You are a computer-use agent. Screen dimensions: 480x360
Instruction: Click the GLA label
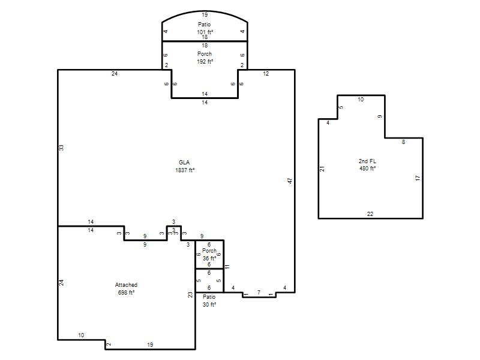click(184, 162)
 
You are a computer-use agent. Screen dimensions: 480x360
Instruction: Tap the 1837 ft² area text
click(185, 170)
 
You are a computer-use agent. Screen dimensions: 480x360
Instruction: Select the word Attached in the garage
click(126, 284)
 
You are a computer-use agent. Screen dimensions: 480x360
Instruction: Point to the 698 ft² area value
click(126, 293)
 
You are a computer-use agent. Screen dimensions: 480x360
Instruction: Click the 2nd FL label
click(367, 161)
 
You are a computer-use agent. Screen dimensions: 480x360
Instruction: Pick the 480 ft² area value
click(367, 169)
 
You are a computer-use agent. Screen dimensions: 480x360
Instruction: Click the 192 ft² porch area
click(205, 62)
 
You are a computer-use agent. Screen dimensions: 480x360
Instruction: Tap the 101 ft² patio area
click(205, 32)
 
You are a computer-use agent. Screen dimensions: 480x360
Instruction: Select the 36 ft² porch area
click(209, 259)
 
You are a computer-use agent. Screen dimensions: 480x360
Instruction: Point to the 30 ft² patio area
click(209, 305)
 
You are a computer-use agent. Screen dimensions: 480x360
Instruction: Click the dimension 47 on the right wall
click(290, 181)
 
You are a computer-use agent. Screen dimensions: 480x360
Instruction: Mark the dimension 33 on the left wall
click(62, 148)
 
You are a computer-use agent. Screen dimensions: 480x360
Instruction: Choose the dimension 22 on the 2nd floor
click(370, 214)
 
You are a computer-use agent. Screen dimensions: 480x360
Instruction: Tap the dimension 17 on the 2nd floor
click(418, 178)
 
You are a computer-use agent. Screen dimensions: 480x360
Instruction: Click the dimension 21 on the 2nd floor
click(322, 169)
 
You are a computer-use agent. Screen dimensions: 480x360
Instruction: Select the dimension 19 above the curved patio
click(205, 14)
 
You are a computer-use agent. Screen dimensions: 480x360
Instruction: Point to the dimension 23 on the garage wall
click(190, 295)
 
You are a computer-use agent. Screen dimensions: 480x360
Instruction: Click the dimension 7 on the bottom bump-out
click(259, 292)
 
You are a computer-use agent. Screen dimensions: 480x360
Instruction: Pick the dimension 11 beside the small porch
click(227, 266)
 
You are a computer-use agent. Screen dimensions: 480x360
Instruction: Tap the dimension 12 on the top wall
click(266, 73)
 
